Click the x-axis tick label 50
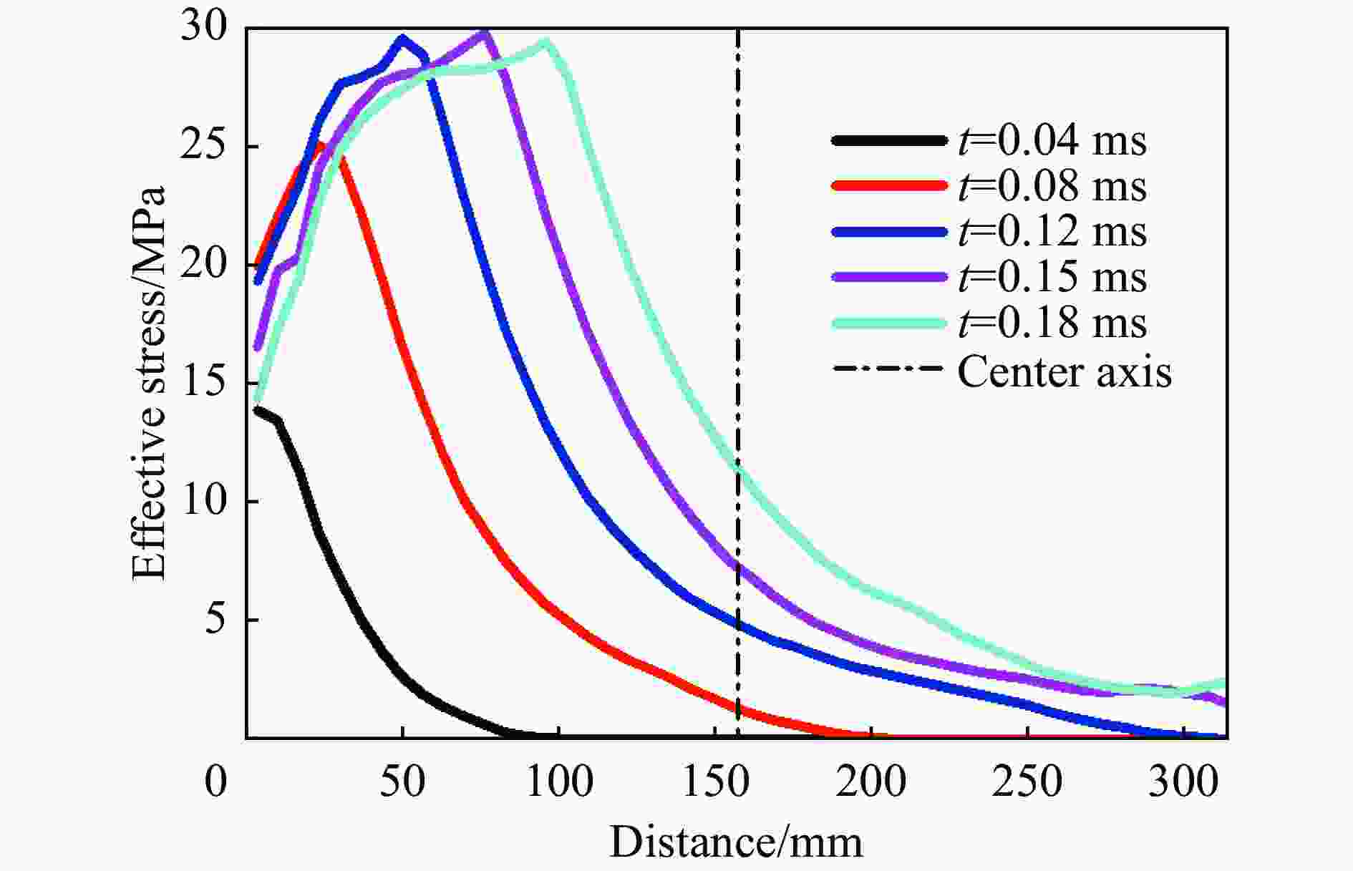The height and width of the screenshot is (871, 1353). point(402,782)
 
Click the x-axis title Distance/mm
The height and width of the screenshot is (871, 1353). point(736,842)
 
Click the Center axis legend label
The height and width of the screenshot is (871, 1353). point(1065,372)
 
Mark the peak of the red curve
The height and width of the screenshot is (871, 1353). point(320,145)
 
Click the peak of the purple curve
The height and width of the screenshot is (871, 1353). point(485,33)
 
